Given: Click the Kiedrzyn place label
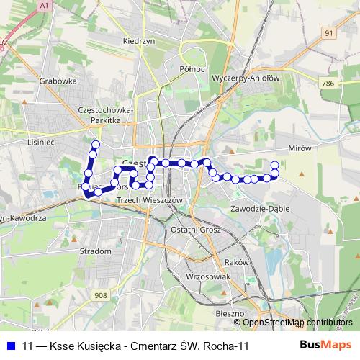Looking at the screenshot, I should pyautogui.click(x=140, y=42).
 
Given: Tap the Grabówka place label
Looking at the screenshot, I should pyautogui.click(x=59, y=81).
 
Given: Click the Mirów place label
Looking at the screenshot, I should pyautogui.click(x=297, y=147).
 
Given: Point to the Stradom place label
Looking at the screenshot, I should pyautogui.click(x=98, y=251).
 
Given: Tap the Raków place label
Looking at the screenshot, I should pyautogui.click(x=236, y=262).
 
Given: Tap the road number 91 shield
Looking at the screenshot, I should pyautogui.click(x=329, y=32).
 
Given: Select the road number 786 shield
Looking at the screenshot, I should pyautogui.click(x=329, y=84).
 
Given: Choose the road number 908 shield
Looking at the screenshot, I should pyautogui.click(x=100, y=295).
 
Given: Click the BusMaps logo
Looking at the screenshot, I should pyautogui.click(x=325, y=346).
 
